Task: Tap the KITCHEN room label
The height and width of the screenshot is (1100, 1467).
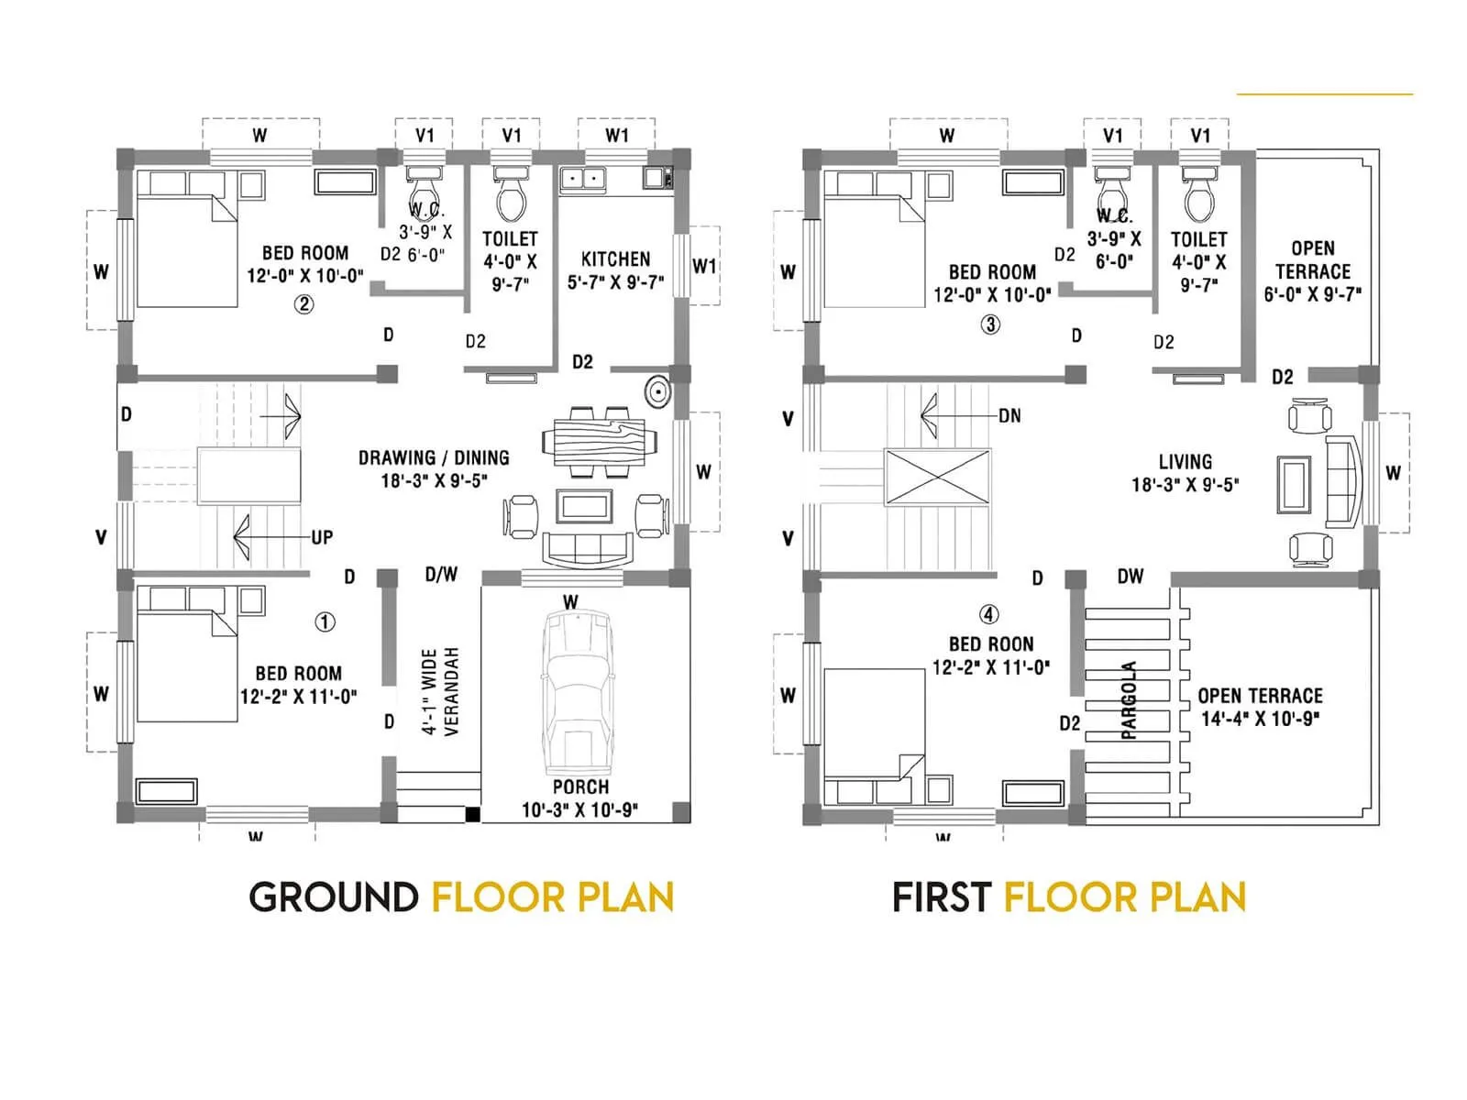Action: tap(615, 259)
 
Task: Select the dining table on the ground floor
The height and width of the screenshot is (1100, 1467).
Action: tap(599, 442)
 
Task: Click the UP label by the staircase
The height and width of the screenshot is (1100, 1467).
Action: tap(322, 537)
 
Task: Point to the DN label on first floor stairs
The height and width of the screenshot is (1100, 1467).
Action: tap(1009, 416)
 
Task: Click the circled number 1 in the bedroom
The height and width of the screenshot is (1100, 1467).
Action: tap(325, 622)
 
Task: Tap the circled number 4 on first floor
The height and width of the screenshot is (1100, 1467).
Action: tap(988, 615)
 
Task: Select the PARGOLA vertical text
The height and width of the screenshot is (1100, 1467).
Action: tap(1129, 700)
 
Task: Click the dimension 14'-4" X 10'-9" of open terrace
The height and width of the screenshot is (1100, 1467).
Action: tap(1260, 720)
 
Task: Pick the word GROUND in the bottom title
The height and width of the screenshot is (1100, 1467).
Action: tap(334, 897)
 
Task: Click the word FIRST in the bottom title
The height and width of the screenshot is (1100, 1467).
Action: tap(942, 897)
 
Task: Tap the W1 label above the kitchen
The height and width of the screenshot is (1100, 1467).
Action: tap(617, 136)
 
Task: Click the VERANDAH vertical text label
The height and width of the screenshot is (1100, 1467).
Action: tap(450, 692)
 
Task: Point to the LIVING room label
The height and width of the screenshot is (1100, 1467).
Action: tap(1185, 462)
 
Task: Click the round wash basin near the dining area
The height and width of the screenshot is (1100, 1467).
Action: tap(657, 393)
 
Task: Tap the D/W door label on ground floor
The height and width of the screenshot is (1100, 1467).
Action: tap(441, 575)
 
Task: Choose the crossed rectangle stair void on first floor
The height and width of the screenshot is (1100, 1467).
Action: tap(937, 477)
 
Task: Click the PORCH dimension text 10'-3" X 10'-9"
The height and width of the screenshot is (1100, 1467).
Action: tap(579, 810)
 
